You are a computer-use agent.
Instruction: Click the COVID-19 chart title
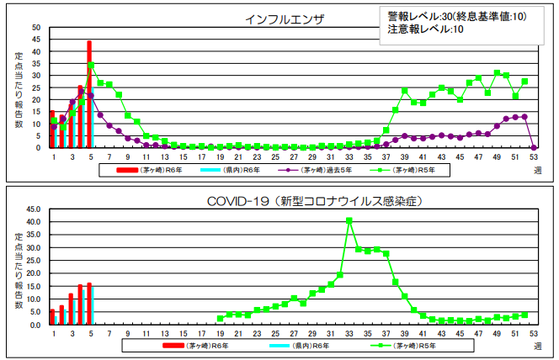(314, 201)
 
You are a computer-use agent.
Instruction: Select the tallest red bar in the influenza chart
(89, 93)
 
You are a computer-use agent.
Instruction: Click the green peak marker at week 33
(349, 220)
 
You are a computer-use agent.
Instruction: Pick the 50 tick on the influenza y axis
(36, 28)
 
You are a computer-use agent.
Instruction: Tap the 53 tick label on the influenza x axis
(533, 156)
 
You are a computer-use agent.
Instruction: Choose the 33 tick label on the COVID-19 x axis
(349, 334)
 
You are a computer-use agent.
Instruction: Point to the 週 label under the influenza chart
(537, 169)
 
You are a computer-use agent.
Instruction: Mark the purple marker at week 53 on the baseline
(533, 147)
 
